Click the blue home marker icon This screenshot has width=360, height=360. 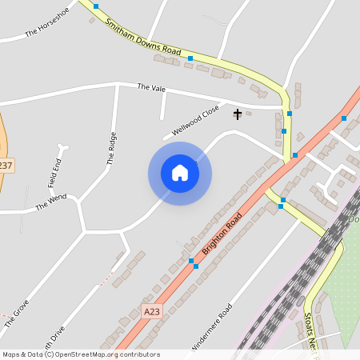tap(180, 173)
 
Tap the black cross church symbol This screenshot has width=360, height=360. tap(237, 114)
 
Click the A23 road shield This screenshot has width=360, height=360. tap(152, 310)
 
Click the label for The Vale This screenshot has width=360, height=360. tap(150, 86)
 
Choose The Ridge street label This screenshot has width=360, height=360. tap(112, 148)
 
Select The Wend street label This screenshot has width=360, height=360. tap(50, 202)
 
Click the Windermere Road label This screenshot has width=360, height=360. tap(211, 328)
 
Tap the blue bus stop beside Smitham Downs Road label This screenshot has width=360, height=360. tap(190, 58)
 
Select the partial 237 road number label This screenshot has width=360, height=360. tap(6, 166)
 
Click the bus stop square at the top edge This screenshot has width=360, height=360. tap(96, 6)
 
